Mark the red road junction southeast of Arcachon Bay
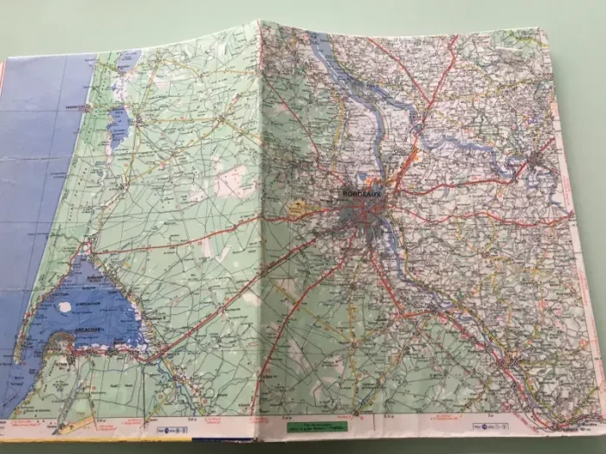point(157,354)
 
